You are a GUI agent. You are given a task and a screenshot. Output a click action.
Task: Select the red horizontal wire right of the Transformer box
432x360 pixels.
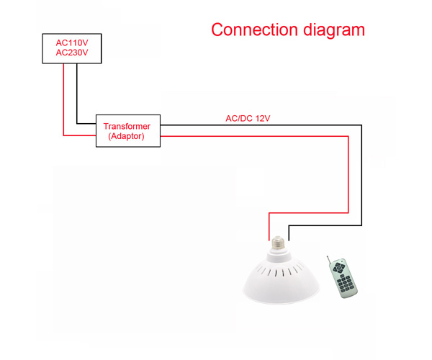pos(252,135)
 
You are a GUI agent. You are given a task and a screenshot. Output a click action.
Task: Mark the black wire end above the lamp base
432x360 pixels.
pos(288,232)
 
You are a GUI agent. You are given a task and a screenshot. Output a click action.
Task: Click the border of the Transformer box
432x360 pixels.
pos(96,131)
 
